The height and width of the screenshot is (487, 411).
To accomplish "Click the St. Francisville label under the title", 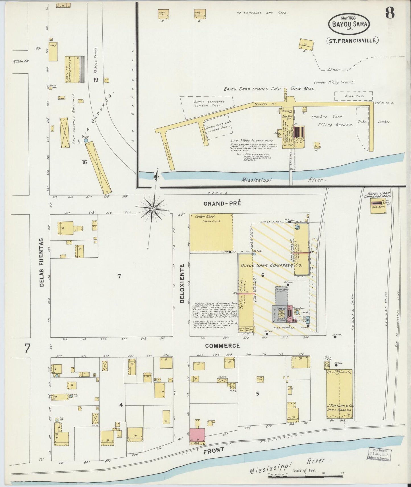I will (x=352, y=41).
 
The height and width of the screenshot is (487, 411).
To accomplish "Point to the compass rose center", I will (x=153, y=209).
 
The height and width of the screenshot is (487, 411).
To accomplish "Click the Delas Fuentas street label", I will (x=42, y=263).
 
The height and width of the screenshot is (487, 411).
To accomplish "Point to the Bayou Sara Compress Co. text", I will (x=271, y=265).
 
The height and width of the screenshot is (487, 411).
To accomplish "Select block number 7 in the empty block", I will (x=119, y=276).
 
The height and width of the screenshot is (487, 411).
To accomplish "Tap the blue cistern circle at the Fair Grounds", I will (x=86, y=140).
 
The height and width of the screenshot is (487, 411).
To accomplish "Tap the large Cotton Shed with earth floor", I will (x=210, y=232).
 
